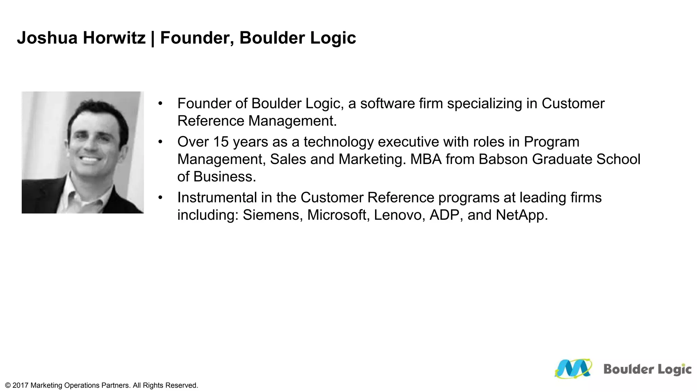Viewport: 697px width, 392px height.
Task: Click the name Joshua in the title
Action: (x=47, y=38)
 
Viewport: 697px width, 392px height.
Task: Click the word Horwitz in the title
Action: (x=114, y=38)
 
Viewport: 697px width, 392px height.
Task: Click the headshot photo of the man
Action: (x=83, y=152)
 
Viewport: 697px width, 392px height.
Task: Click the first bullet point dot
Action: (x=160, y=103)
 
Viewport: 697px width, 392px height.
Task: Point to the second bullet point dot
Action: (x=160, y=142)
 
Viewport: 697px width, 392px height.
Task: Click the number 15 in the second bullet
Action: (x=221, y=142)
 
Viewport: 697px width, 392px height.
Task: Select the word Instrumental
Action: (x=217, y=198)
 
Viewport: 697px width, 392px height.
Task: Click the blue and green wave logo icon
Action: (x=573, y=369)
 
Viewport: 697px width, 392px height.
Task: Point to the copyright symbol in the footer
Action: (x=8, y=386)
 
